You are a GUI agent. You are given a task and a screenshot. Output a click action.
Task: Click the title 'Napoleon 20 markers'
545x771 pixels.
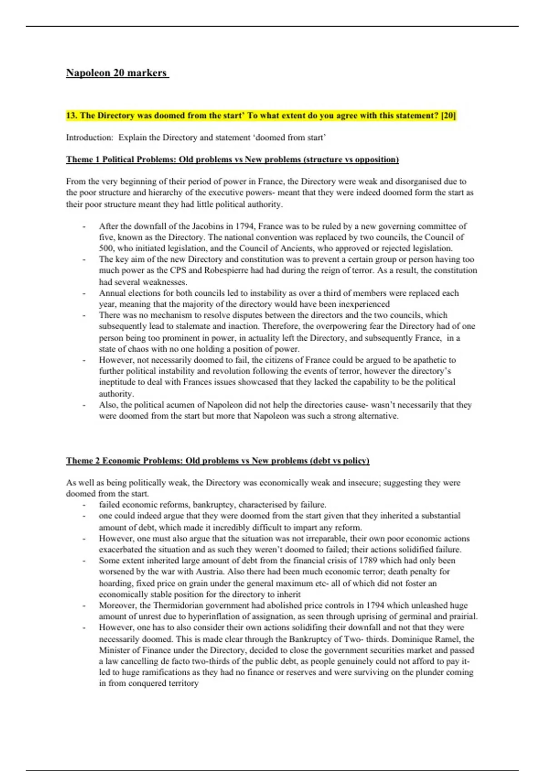click(x=117, y=73)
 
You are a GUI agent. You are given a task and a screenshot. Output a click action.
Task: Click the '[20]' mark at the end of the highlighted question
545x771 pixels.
click(x=448, y=115)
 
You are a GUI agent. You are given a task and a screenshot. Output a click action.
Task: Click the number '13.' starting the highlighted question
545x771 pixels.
click(x=72, y=115)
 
